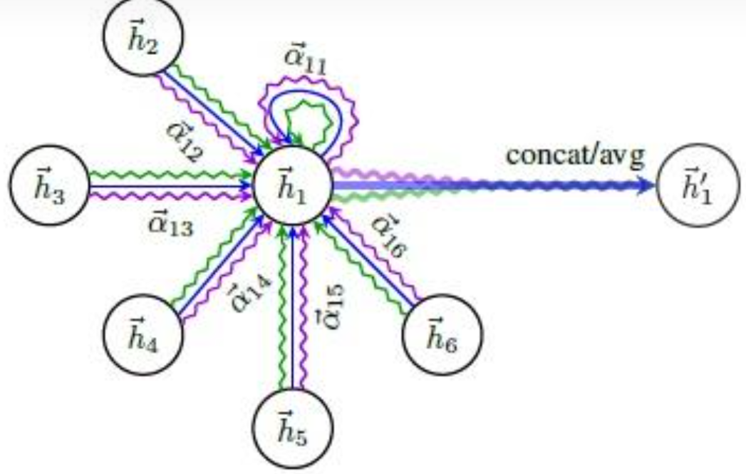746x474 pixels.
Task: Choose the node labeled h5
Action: click(293, 428)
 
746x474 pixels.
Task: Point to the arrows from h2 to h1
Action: click(214, 114)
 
